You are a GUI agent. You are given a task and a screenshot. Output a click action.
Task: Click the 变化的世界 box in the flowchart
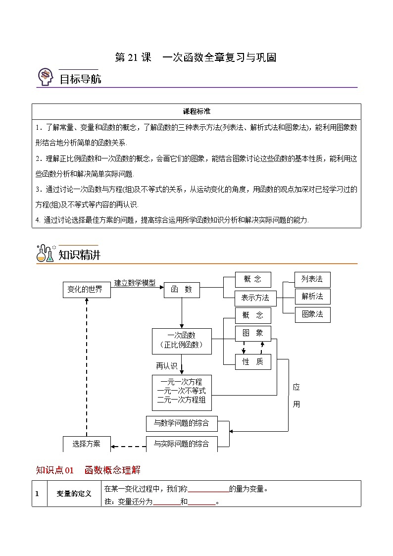click(x=85, y=290)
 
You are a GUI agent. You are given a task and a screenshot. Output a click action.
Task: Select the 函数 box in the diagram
click(x=182, y=290)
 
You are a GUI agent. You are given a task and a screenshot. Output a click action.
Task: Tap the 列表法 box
click(x=312, y=279)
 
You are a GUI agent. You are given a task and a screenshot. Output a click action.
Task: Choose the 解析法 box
click(x=312, y=296)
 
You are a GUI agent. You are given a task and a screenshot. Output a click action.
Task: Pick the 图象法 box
click(x=312, y=314)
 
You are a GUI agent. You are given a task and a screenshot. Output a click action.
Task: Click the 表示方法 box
click(x=255, y=298)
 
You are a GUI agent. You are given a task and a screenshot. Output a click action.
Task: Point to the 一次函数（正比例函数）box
click(x=182, y=341)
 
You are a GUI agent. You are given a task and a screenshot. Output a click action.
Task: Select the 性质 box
click(x=253, y=361)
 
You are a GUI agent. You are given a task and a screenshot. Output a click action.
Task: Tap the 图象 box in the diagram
click(x=253, y=333)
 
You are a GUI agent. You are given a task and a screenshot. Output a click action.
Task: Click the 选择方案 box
click(x=86, y=444)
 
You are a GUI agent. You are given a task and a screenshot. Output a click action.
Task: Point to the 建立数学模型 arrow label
click(x=135, y=283)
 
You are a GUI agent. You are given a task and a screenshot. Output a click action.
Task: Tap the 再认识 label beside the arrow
click(x=166, y=366)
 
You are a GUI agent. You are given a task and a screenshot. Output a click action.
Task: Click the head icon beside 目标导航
click(x=46, y=77)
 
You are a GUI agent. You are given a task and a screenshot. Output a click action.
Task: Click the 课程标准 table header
click(x=196, y=111)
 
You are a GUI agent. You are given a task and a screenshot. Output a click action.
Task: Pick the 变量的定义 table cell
click(x=74, y=494)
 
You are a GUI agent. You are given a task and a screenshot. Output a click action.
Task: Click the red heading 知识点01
click(x=55, y=470)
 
